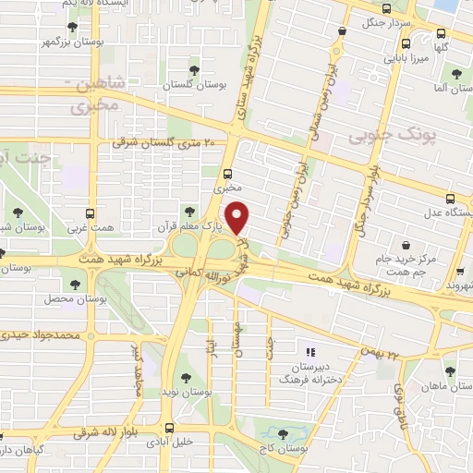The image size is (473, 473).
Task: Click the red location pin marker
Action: click(237, 217)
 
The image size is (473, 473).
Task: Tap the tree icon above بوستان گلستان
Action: click(194, 69)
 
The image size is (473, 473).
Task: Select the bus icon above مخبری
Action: click(228, 173)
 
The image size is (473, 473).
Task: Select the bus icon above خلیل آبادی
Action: click(168, 427)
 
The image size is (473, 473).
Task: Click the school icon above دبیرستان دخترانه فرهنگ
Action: click(310, 351)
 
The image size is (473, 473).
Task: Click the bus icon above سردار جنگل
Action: click(343, 30)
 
